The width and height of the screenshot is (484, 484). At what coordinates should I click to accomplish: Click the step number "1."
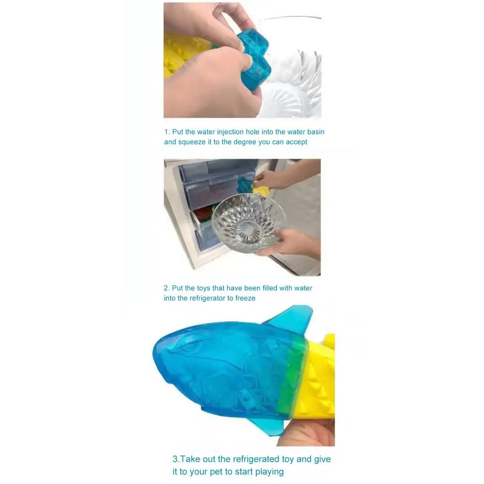tap(166, 132)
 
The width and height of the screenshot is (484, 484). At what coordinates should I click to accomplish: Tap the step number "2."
tap(166, 288)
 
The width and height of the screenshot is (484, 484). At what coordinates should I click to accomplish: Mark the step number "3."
tap(176, 459)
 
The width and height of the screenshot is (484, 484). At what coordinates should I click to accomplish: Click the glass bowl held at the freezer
tap(248, 222)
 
